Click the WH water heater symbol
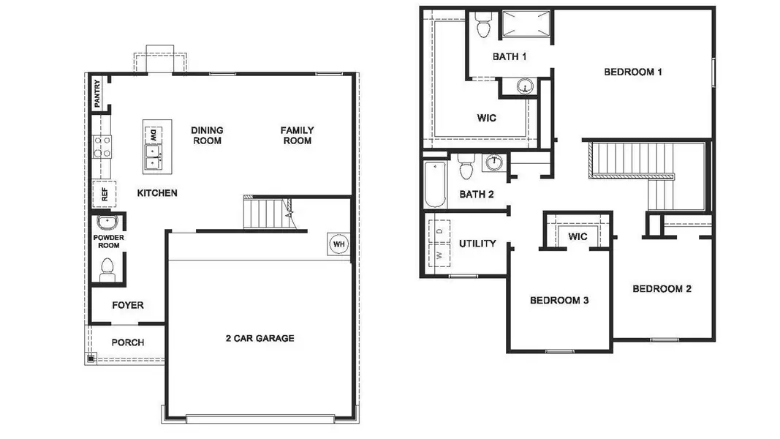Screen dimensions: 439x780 [x=338, y=244]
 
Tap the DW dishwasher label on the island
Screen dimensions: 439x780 [x=154, y=135]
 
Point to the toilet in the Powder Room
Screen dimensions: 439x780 [x=108, y=269]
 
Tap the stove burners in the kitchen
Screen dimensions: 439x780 [x=102, y=147]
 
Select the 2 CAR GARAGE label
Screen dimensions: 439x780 [x=260, y=338]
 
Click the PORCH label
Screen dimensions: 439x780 [x=127, y=342]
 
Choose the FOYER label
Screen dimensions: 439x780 [x=127, y=305]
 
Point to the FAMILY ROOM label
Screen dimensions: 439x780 [x=296, y=135]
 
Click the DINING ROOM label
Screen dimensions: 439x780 [x=207, y=135]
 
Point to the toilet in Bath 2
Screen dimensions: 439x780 [x=466, y=168]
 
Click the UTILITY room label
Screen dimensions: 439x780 [x=477, y=244]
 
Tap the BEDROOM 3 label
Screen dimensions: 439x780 [x=559, y=300]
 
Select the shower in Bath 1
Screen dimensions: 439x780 [x=525, y=24]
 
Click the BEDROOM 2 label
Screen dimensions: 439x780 [x=662, y=289]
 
